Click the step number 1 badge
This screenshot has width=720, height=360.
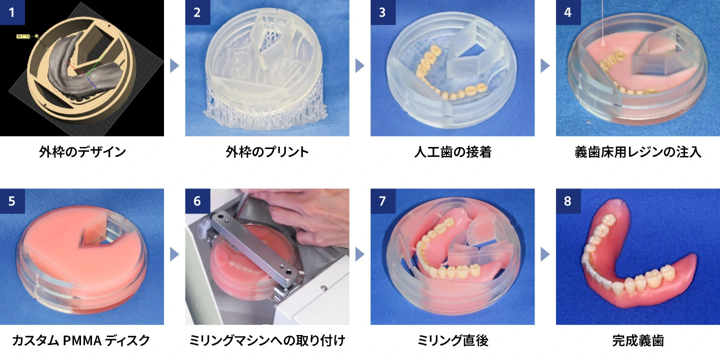(x=12, y=12)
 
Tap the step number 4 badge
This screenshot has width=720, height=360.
(x=568, y=12)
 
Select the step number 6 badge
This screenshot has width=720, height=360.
(x=197, y=201)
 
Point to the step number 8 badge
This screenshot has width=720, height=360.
(x=568, y=201)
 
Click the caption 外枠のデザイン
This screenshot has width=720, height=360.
(x=82, y=151)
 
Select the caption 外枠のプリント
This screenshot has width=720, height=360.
(x=267, y=151)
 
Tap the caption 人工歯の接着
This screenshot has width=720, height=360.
(x=452, y=151)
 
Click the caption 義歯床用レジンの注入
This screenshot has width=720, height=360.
(x=637, y=151)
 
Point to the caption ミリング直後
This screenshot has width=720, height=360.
(x=452, y=340)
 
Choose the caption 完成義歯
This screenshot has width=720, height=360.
(x=638, y=340)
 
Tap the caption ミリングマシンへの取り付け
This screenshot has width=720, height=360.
(x=267, y=340)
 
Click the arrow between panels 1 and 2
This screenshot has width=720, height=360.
(x=174, y=66)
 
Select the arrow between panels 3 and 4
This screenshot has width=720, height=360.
(x=545, y=66)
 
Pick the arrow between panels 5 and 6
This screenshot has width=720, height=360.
(x=174, y=254)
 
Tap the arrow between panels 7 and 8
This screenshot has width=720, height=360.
(x=545, y=254)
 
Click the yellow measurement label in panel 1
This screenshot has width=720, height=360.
(x=23, y=36)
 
